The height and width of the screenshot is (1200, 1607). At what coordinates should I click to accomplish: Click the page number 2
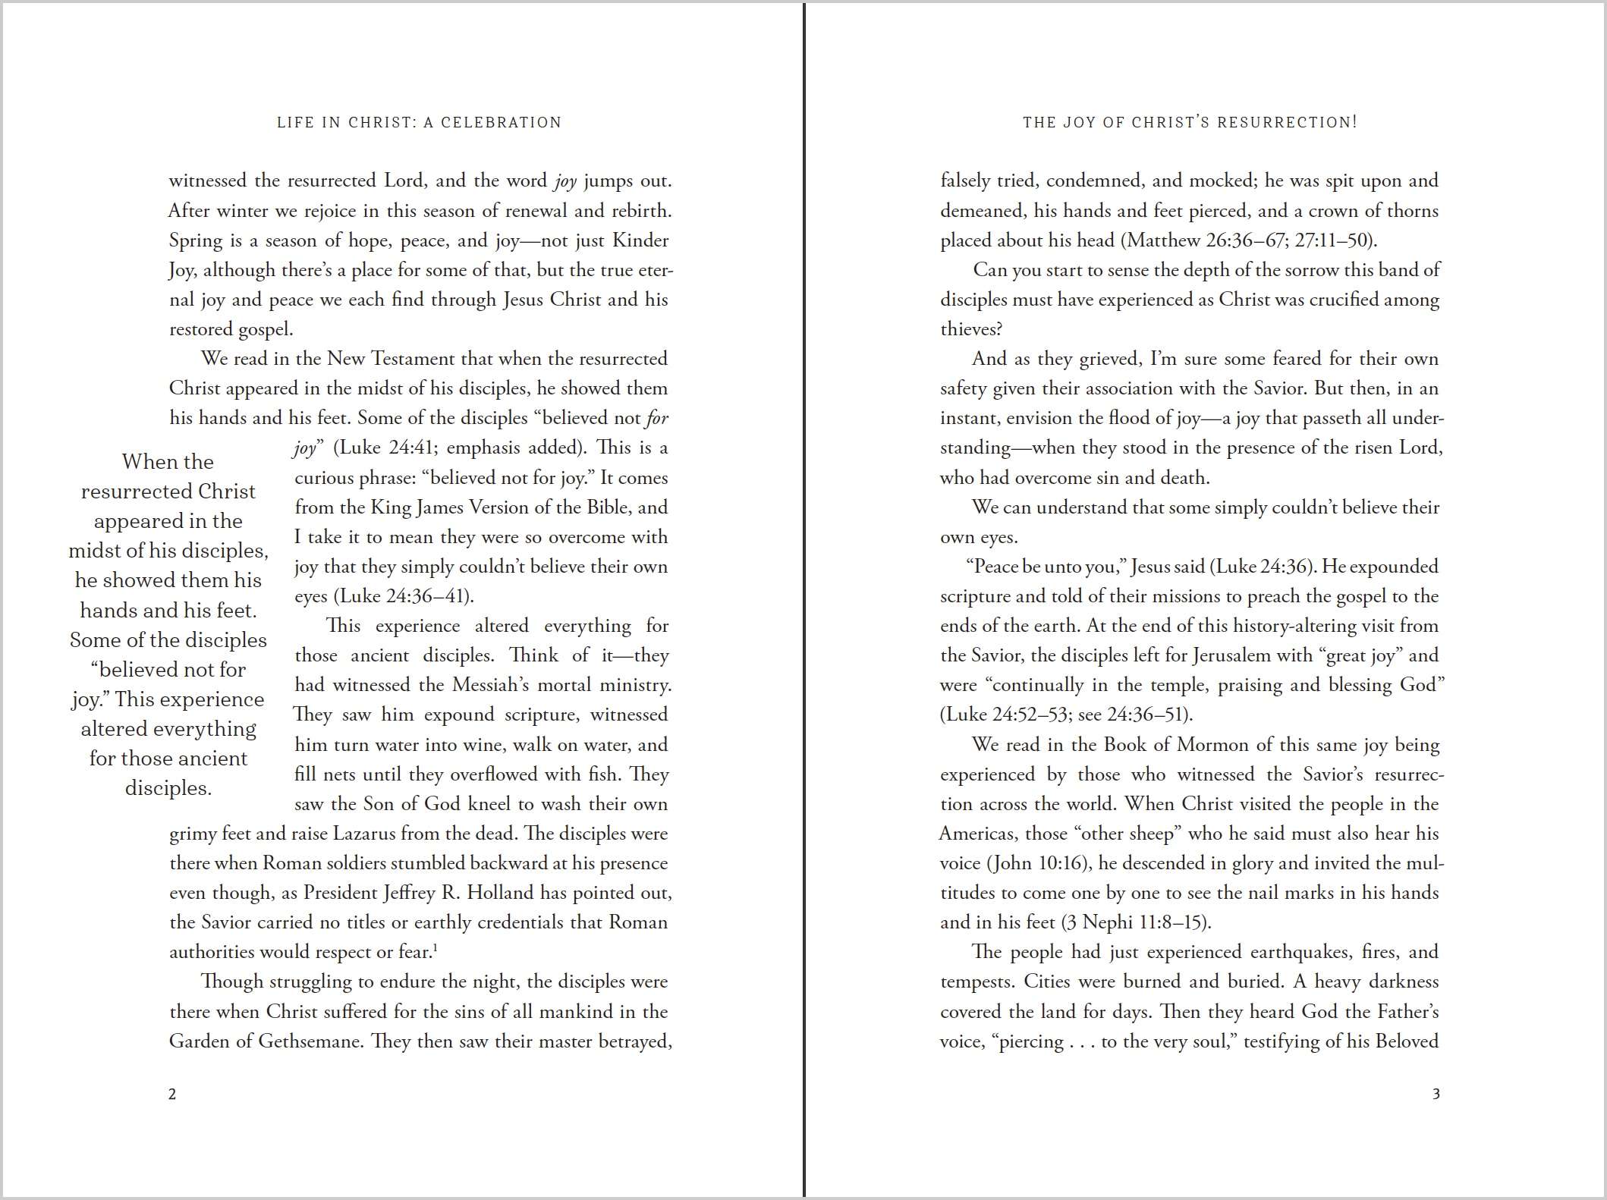pyautogui.click(x=172, y=1094)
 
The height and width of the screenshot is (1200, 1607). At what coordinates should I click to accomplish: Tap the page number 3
pyautogui.click(x=1436, y=1094)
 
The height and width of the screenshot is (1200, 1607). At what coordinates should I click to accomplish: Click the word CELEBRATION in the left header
pyautogui.click(x=501, y=123)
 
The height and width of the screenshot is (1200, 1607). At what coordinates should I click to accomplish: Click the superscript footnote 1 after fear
pyautogui.click(x=436, y=946)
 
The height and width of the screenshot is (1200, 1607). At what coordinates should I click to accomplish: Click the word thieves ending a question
pyautogui.click(x=970, y=329)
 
